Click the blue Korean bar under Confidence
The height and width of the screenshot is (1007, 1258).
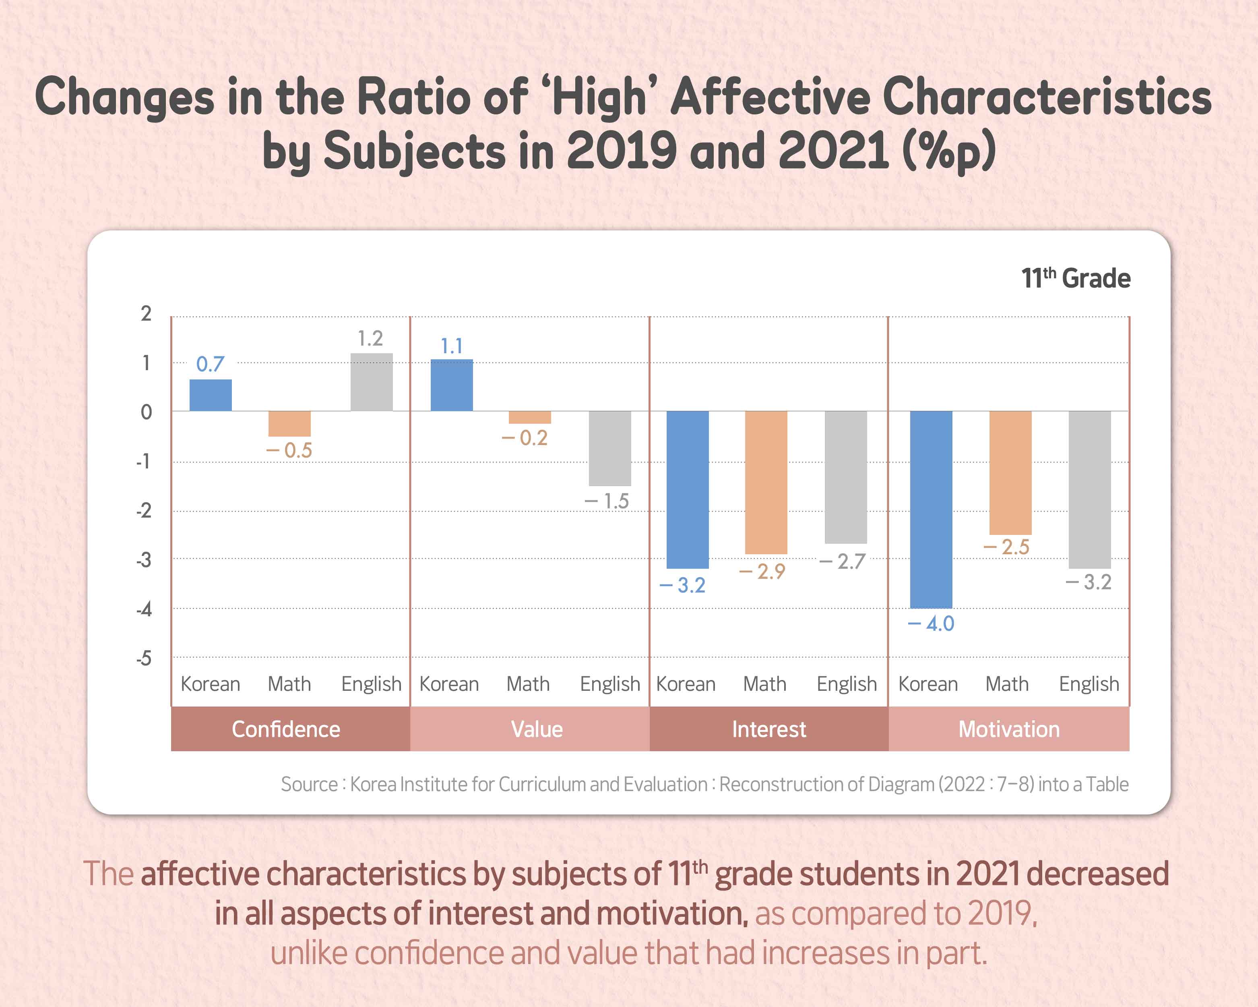[x=211, y=395]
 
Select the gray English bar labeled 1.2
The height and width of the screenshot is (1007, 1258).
[x=372, y=382]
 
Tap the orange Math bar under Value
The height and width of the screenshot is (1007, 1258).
[x=530, y=417]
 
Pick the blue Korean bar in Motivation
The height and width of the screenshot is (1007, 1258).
[x=931, y=510]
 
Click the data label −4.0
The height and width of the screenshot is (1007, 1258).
[x=931, y=624]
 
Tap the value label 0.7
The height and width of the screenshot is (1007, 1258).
[x=210, y=364]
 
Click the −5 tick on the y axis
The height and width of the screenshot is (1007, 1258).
[x=144, y=659]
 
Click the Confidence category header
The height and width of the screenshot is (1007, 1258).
[x=286, y=729]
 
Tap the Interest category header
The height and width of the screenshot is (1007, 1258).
[x=769, y=729]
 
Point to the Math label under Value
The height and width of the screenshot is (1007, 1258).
[x=528, y=684]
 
